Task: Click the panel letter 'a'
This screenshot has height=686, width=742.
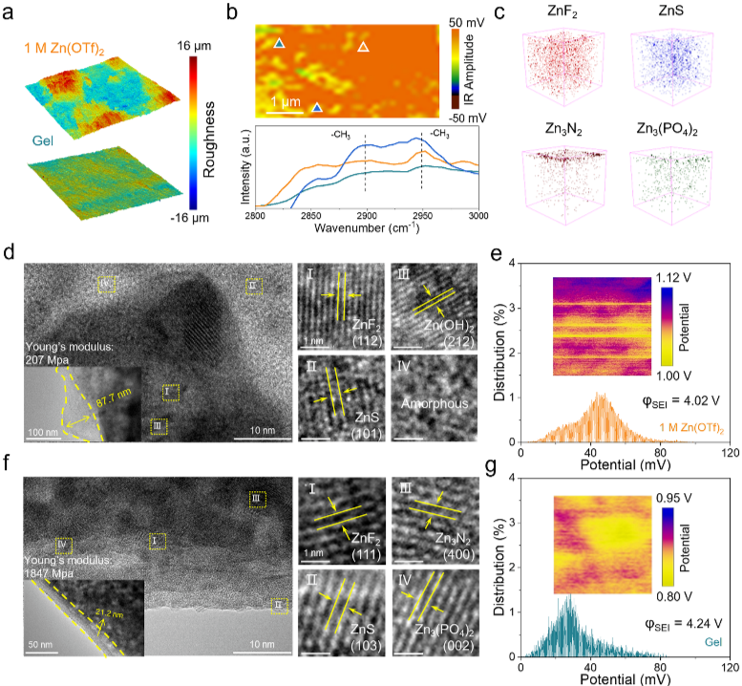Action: pos(10,12)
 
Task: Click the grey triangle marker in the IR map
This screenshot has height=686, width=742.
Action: pos(363,46)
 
